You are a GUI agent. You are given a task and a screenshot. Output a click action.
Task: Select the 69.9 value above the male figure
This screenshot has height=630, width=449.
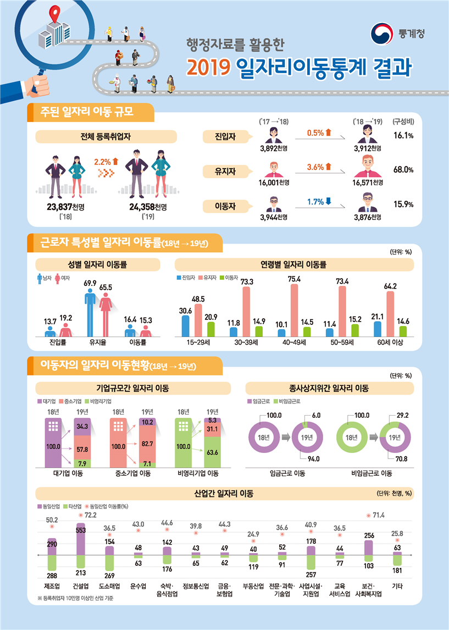coord(90,283)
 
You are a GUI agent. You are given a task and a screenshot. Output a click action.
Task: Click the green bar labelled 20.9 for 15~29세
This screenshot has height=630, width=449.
coord(211,329)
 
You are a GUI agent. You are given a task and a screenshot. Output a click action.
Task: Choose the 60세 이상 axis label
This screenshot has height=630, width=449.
coord(391,342)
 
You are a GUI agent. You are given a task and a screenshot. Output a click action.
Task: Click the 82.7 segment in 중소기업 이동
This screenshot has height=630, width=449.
coord(147,443)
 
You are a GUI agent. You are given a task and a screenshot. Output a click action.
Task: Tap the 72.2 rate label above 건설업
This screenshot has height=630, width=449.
coord(89,515)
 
